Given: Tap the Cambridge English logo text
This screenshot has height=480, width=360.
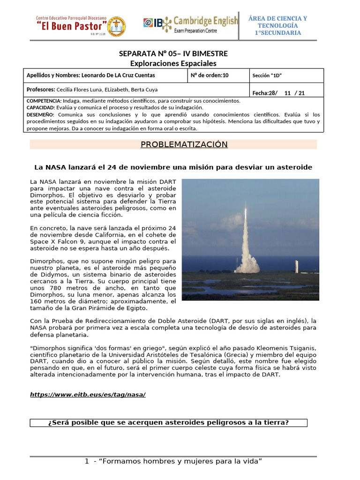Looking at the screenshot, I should (206, 21).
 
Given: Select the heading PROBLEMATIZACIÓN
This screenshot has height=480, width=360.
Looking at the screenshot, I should (184, 144).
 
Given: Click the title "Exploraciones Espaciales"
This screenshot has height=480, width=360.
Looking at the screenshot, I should (173, 63).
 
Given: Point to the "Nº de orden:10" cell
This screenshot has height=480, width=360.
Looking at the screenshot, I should (210, 75).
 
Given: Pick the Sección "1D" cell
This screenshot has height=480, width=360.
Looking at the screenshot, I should (267, 75).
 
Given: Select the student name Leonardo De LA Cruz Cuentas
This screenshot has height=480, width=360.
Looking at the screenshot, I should (118, 75).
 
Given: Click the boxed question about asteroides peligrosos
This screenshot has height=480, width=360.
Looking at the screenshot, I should (168, 423).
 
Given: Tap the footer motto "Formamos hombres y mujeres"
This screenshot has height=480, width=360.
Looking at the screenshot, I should (173, 462).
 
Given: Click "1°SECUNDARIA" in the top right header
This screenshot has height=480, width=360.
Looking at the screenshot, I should (278, 33).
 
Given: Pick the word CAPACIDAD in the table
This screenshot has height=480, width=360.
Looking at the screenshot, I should (41, 107).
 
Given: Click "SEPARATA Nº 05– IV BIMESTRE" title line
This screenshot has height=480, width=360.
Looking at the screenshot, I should (173, 54).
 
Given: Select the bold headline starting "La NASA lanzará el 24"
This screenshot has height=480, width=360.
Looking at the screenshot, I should (173, 167).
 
